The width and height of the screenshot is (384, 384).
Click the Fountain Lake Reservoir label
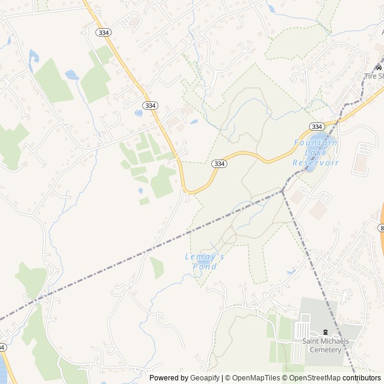click(x=316, y=152)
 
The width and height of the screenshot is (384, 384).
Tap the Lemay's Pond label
click(x=205, y=261)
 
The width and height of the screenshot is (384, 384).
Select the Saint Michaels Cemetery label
click(x=325, y=346)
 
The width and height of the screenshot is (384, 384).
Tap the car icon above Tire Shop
click(x=378, y=67)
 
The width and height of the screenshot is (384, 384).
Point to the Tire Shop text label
click(x=374, y=76)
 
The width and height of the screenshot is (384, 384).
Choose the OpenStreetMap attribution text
click(x=311, y=378)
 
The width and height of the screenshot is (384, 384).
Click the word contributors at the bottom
click(x=362, y=378)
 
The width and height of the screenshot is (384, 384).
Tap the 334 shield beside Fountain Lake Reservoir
click(x=317, y=126)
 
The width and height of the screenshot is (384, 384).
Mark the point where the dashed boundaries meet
click(x=282, y=191)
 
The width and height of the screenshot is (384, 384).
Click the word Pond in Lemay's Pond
click(x=205, y=266)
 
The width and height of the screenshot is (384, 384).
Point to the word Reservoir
click(x=316, y=163)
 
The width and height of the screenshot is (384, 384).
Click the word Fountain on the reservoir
click(x=316, y=142)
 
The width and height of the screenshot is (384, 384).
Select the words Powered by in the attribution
click(x=167, y=378)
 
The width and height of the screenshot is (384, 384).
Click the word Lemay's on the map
click(x=205, y=256)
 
